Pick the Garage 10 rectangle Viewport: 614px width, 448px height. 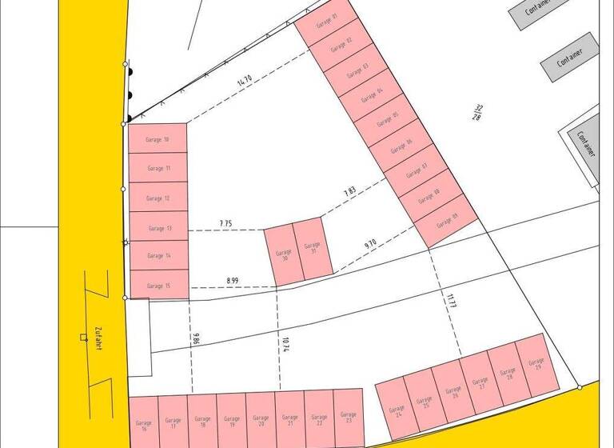[157, 139]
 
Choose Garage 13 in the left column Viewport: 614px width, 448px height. [157, 228]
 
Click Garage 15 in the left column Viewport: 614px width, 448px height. [157, 285]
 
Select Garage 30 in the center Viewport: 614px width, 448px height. [281, 256]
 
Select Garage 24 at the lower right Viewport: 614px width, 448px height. [394, 410]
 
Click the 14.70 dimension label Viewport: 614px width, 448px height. [244, 80]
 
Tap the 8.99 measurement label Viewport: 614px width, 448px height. [232, 280]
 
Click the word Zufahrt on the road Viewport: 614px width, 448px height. [98, 338]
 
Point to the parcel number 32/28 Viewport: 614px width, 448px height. [478, 112]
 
